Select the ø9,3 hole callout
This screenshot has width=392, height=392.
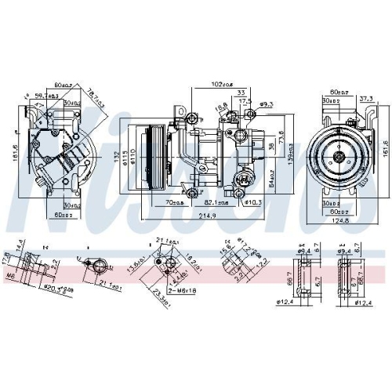267,103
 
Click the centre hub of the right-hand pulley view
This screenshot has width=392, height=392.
339,157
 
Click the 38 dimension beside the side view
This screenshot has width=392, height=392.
271,145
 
